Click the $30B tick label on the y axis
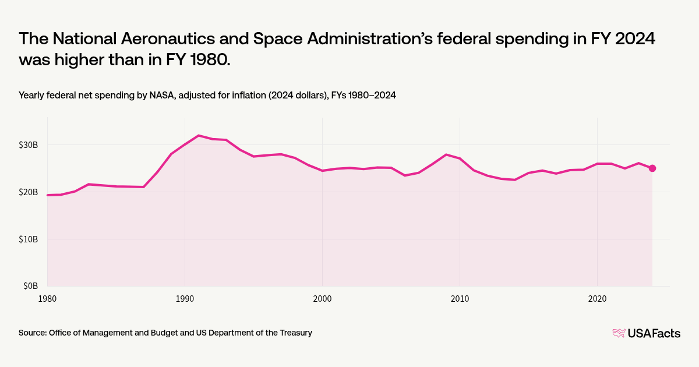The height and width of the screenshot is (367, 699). [27, 144]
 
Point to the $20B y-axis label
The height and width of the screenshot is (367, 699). [27, 192]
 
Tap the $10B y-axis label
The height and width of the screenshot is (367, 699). [27, 239]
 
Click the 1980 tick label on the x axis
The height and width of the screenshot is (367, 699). [47, 298]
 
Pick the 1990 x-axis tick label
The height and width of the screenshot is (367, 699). [185, 298]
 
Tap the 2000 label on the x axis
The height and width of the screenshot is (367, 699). [322, 298]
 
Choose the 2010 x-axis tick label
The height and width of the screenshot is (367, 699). [460, 298]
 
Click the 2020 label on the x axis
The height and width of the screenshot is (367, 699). [597, 298]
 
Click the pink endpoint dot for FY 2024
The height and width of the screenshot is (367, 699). [652, 168]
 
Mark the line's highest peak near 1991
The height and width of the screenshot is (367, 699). [199, 135]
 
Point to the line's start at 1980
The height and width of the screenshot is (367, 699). [48, 195]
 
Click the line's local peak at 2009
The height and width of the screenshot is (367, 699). [446, 154]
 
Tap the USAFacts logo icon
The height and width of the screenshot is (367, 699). [619, 333]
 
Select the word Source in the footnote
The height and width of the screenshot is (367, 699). [33, 333]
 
